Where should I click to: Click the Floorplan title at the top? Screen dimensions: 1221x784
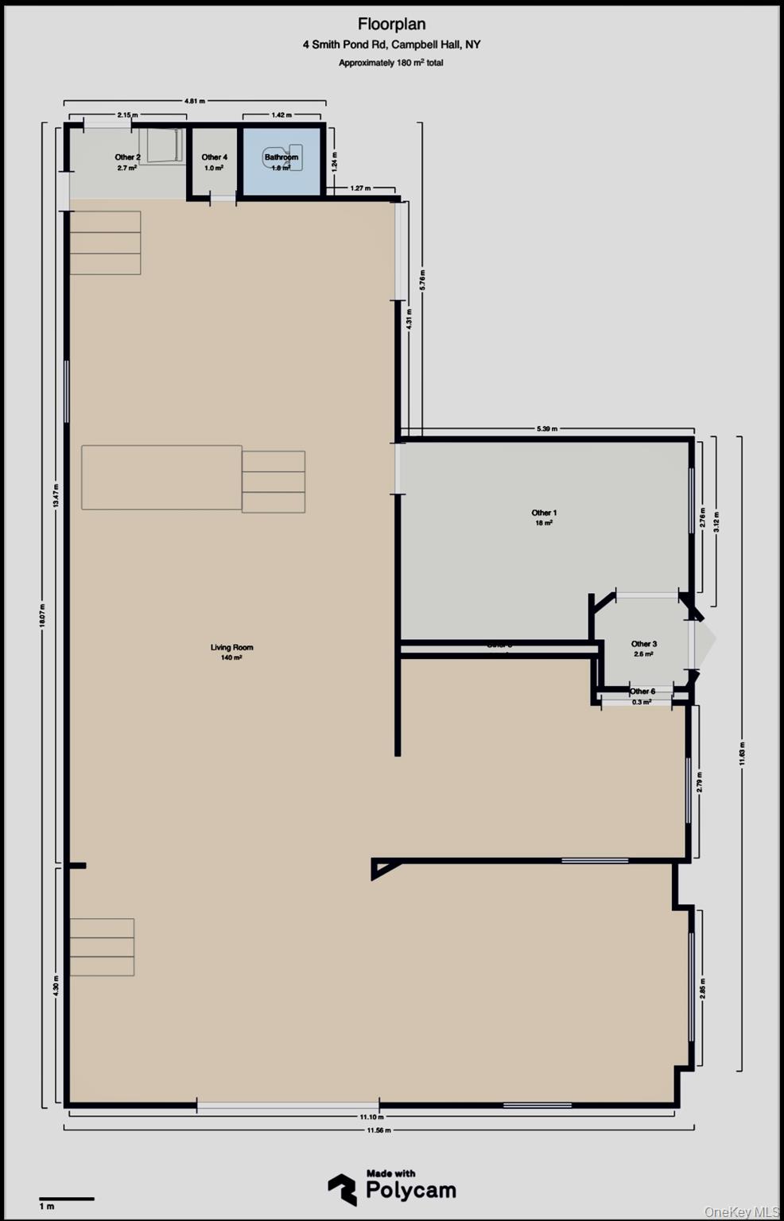click(x=391, y=25)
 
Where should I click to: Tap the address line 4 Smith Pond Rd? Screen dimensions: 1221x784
click(x=391, y=45)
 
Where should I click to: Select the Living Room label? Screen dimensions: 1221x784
click(x=231, y=648)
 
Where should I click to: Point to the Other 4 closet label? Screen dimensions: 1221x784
click(x=214, y=157)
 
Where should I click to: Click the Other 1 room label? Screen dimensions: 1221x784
click(x=544, y=514)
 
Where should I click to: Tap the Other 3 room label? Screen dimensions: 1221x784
click(x=643, y=645)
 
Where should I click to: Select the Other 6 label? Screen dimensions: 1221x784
click(x=642, y=692)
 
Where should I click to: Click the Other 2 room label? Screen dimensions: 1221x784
click(x=127, y=157)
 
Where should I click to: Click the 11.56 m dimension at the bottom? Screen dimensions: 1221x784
click(x=379, y=1130)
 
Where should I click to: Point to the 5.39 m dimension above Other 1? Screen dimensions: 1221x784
click(x=547, y=429)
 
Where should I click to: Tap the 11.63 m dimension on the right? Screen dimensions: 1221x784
click(x=741, y=753)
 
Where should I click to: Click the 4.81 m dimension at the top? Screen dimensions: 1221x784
click(x=195, y=101)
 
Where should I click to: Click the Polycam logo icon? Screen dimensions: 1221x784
click(x=342, y=1189)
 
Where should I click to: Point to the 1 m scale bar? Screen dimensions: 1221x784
click(x=67, y=1199)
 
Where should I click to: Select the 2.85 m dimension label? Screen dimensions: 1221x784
click(x=702, y=988)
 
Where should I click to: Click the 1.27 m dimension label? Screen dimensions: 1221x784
click(x=360, y=188)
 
